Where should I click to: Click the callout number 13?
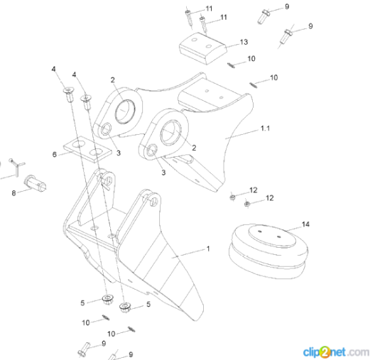point(244,42)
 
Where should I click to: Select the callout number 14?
point(305,224)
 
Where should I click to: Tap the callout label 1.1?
point(265,129)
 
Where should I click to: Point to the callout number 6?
point(55,155)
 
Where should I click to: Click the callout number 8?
point(13,193)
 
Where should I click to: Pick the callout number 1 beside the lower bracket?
point(208,249)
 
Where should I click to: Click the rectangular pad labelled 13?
point(203,48)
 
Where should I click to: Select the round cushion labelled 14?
point(268,251)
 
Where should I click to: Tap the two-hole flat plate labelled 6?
point(87,150)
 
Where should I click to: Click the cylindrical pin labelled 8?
point(35,183)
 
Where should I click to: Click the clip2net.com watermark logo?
point(336,352)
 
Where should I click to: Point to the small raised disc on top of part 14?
point(272,236)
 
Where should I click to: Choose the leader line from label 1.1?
point(242,134)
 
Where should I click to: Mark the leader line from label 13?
point(232,45)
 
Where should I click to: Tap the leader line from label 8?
point(24,190)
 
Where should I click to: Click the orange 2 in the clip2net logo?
point(325,352)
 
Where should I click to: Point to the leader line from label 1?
point(188,253)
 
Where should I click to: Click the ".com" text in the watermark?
point(358,352)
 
